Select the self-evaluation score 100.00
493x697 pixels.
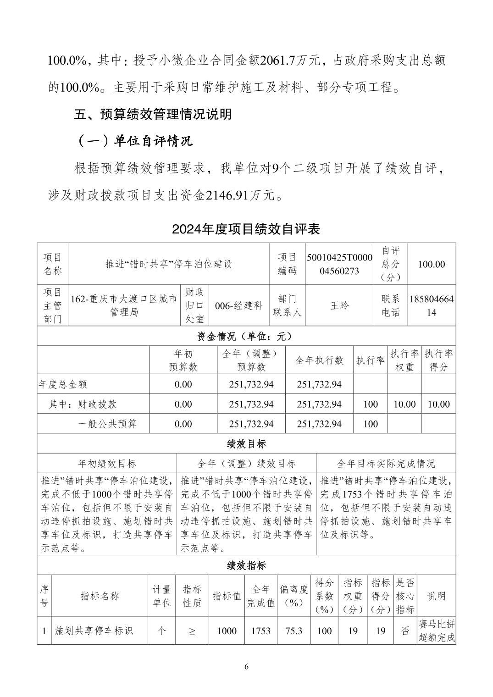[431, 264]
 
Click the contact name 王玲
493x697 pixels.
[339, 305]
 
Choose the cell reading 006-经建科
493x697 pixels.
[238, 305]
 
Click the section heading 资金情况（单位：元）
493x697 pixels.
[246, 336]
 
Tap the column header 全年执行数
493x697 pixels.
[319, 360]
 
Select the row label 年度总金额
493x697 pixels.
[63, 384]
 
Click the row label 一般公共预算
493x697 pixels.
[107, 424]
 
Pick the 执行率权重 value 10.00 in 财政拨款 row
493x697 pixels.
[404, 404]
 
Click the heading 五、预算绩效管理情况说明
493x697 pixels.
[153, 114]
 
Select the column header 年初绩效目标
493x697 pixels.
[107, 464]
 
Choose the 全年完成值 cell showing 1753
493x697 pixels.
[261, 631]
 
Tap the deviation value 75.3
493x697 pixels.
[294, 631]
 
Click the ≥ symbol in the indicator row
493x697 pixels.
[192, 631]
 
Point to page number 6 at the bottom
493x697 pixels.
[246, 666]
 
